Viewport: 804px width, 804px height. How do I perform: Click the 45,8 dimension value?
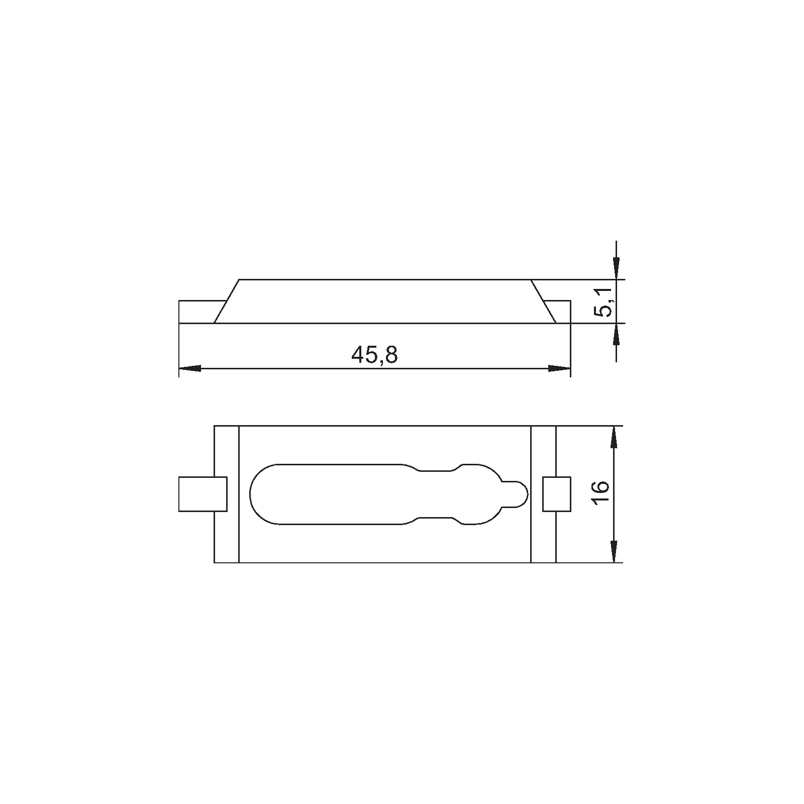374,355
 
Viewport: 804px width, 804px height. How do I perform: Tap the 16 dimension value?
601,493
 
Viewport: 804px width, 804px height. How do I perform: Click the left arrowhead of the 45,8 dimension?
190,368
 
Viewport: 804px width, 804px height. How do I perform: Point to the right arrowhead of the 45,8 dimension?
559,368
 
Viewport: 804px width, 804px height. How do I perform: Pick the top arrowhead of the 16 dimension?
614,437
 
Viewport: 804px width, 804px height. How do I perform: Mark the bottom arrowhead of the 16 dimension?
614,551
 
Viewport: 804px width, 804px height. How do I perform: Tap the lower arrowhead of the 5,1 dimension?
617,334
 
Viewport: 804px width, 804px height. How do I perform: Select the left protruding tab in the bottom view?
203,494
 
